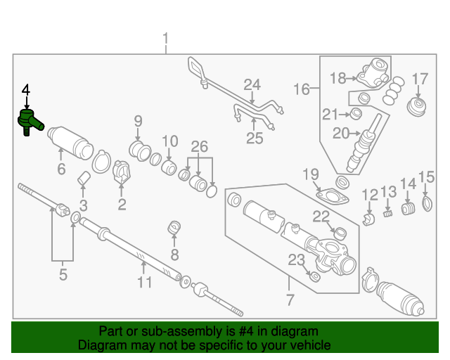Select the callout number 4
[x=26, y=90]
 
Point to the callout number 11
[x=144, y=283]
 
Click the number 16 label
[x=301, y=89]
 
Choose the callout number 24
[x=252, y=86]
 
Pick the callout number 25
[x=255, y=139]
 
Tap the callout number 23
[x=296, y=260]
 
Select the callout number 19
[x=311, y=174]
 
